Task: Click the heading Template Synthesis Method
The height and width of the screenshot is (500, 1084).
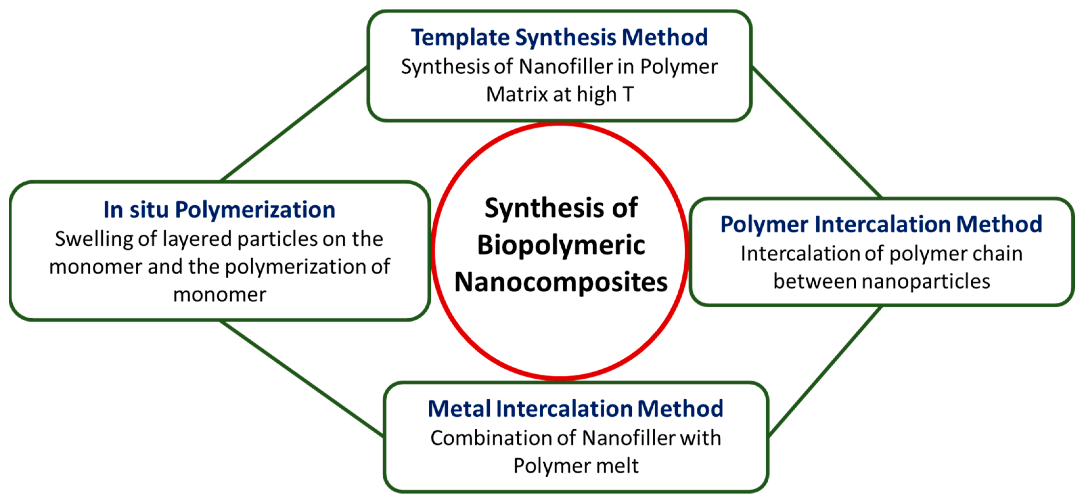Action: click(559, 37)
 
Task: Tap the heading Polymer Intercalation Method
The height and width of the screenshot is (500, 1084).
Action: click(881, 224)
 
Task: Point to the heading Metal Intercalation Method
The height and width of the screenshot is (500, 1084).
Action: click(575, 408)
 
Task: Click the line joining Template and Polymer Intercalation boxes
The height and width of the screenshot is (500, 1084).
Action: click(816, 133)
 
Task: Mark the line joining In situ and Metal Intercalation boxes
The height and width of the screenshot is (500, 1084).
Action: click(301, 377)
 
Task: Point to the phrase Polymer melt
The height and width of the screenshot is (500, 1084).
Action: click(576, 466)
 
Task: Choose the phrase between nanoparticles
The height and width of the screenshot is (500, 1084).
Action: click(882, 281)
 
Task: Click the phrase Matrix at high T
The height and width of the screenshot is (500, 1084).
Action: click(559, 94)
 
